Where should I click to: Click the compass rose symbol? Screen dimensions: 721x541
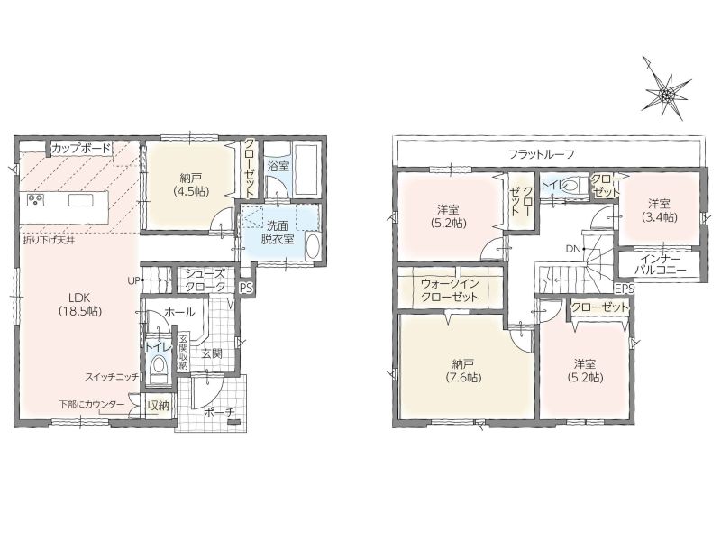[x=666, y=95]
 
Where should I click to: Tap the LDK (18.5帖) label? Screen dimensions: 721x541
[x=80, y=304]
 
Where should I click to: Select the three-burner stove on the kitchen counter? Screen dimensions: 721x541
[x=35, y=199]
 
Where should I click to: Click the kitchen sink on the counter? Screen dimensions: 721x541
[x=81, y=200]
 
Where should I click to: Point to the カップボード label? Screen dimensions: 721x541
[x=81, y=149]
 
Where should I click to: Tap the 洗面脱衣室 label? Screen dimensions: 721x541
[x=278, y=233]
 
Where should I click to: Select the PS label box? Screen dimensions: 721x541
[x=246, y=288]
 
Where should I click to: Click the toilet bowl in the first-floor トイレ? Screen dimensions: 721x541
[x=159, y=367]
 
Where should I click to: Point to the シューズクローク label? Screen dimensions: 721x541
[x=205, y=280]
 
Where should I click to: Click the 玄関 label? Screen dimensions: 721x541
[x=212, y=353]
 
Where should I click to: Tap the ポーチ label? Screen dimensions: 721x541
[x=218, y=413]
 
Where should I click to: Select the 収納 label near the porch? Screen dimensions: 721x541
[x=158, y=405]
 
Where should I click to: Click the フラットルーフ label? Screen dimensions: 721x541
[x=542, y=154]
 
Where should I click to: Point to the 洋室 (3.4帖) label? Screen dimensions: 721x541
[x=660, y=210]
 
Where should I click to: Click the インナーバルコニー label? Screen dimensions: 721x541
[x=660, y=265]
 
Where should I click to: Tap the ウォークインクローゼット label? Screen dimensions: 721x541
[x=450, y=290]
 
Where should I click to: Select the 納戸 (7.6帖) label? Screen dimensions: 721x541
[x=463, y=371]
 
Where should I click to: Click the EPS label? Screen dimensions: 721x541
[x=625, y=289]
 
